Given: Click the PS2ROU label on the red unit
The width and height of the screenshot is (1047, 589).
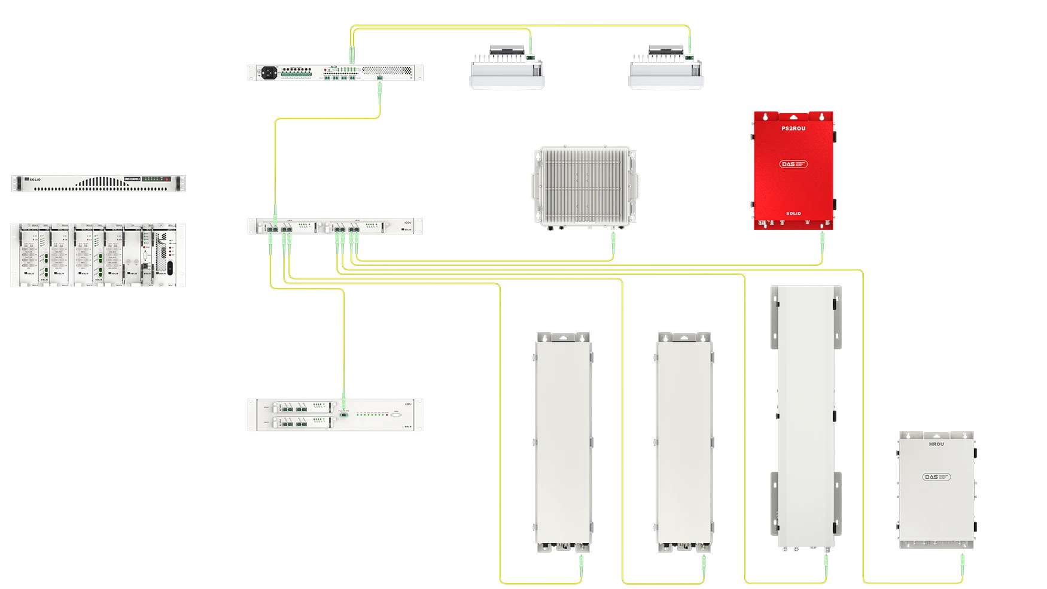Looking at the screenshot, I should coord(793,128).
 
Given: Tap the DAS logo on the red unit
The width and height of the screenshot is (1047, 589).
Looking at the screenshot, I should coord(794,163).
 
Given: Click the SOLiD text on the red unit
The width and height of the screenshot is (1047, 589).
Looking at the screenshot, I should coord(793,213).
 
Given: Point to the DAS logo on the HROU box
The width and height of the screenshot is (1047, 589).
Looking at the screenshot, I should coord(936,477).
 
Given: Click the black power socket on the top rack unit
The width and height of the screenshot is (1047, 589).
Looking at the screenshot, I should coord(269,72).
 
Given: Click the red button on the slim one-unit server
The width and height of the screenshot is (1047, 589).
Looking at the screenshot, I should coord(177,179).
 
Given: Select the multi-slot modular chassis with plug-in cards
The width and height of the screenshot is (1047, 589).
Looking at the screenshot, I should coord(98,254).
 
